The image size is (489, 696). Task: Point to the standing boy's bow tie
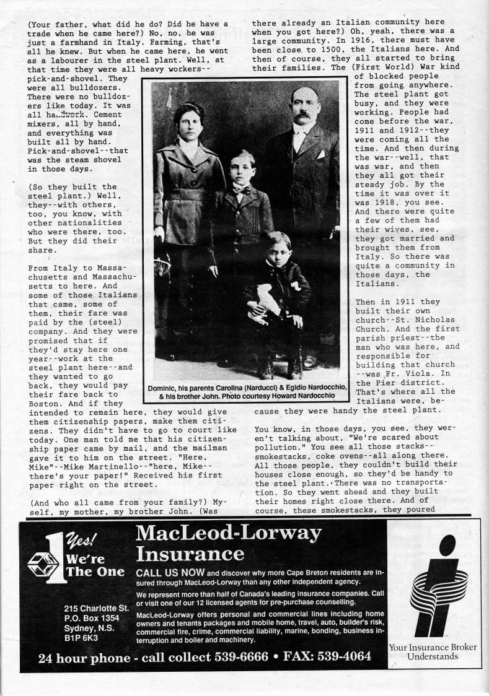coord(241,189)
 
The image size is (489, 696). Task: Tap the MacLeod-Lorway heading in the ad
coord(229,533)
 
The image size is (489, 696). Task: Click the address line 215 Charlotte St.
coord(99,608)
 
